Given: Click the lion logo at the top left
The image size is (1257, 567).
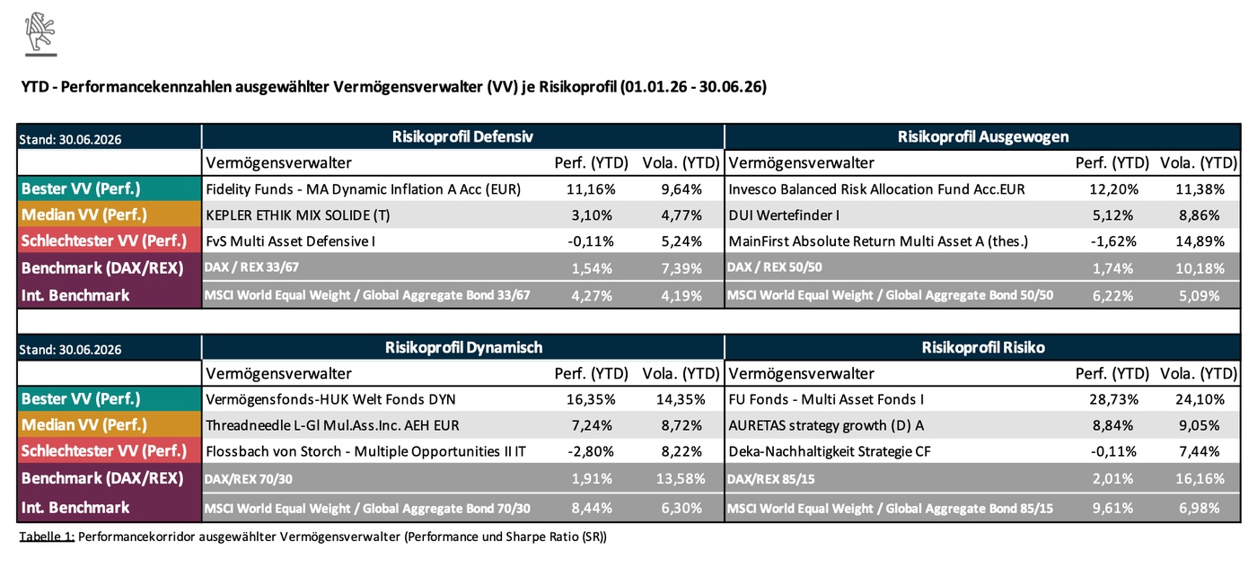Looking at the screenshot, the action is pyautogui.click(x=40, y=34).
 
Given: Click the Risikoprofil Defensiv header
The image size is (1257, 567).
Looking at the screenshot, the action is pyautogui.click(x=462, y=137).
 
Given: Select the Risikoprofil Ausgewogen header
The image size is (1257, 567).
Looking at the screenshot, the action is pyautogui.click(x=983, y=137).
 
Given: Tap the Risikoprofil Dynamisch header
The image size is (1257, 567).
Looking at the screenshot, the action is pyautogui.click(x=463, y=347).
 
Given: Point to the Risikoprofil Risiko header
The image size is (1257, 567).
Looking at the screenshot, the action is pyautogui.click(x=983, y=347).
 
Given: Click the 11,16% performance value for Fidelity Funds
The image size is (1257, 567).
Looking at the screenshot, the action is pyautogui.click(x=591, y=189).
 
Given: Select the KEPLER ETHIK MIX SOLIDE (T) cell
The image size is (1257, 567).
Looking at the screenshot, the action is pyautogui.click(x=298, y=215).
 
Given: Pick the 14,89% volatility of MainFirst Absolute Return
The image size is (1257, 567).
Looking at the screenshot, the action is pyautogui.click(x=1200, y=241).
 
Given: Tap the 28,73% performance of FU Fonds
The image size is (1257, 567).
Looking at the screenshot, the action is pyautogui.click(x=1114, y=399).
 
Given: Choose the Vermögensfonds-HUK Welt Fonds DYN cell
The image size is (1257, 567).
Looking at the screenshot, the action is pyautogui.click(x=330, y=399).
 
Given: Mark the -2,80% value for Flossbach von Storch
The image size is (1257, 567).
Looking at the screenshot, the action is pyautogui.click(x=591, y=451).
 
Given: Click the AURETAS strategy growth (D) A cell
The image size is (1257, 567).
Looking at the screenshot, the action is pyautogui.click(x=826, y=425).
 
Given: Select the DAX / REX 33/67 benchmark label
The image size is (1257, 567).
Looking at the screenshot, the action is pyautogui.click(x=251, y=267).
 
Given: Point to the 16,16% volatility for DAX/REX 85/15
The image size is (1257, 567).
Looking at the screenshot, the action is pyautogui.click(x=1200, y=478).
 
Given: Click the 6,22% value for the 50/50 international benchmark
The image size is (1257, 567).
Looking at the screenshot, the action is pyautogui.click(x=1112, y=295).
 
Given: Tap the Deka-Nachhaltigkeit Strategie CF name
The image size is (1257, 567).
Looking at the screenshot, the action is pyautogui.click(x=830, y=451).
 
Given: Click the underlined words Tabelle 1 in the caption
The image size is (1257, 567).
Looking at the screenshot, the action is pyautogui.click(x=47, y=536).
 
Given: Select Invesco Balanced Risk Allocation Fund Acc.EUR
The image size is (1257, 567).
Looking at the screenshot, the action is pyautogui.click(x=876, y=189).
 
